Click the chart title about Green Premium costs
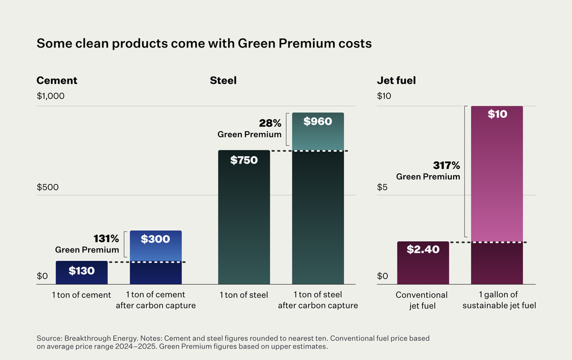pyautogui.click(x=204, y=43)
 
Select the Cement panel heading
pyautogui.click(x=57, y=81)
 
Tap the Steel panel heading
pyautogui.click(x=223, y=81)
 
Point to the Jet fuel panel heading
pyautogui.click(x=396, y=81)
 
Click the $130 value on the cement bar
pyautogui.click(x=81, y=271)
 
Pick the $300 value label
pyautogui.click(x=155, y=239)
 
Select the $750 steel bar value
pyautogui.click(x=244, y=160)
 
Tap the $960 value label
pyautogui.click(x=317, y=121)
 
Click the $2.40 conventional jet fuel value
pyautogui.click(x=423, y=250)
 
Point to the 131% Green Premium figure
pyautogui.click(x=106, y=238)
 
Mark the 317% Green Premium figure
pyautogui.click(x=447, y=165)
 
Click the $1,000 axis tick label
pyautogui.click(x=50, y=96)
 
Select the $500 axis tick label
pyautogui.click(x=49, y=188)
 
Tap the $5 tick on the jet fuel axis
pyautogui.click(x=383, y=188)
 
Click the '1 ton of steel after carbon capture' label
pyautogui.click(x=317, y=300)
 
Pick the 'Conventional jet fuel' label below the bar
pyautogui.click(x=422, y=300)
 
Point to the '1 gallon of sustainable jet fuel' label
pyautogui.click(x=496, y=300)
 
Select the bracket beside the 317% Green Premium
pyautogui.click(x=466, y=172)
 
